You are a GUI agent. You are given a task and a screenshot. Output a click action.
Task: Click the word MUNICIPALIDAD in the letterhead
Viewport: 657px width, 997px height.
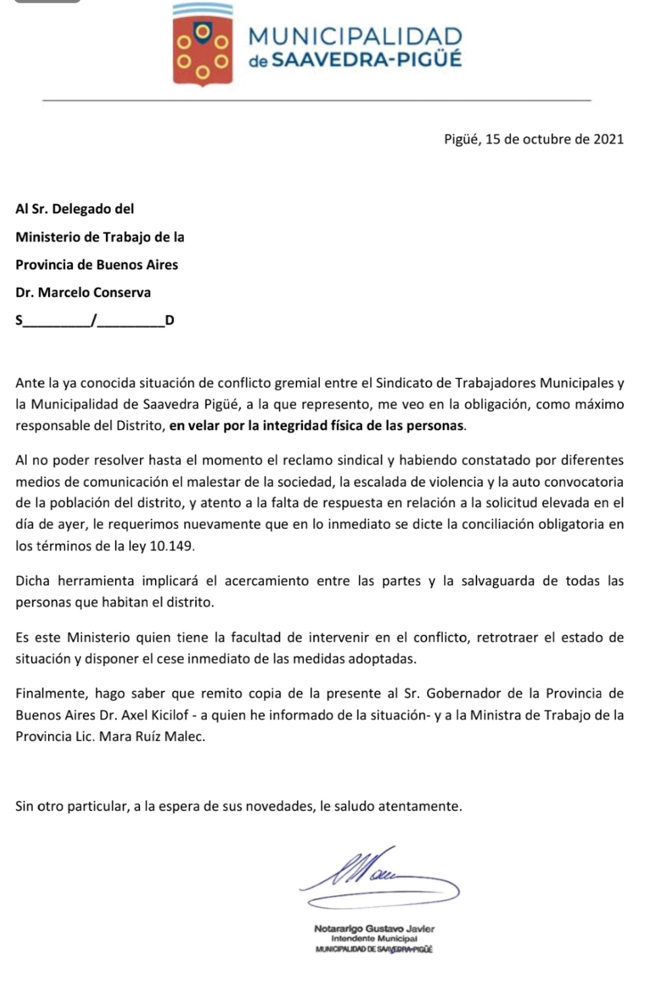pyautogui.click(x=355, y=36)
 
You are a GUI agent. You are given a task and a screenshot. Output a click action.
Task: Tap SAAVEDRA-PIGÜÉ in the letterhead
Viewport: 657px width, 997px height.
pyautogui.click(x=367, y=60)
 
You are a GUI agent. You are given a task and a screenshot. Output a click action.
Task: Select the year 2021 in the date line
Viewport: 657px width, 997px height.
pyautogui.click(x=608, y=139)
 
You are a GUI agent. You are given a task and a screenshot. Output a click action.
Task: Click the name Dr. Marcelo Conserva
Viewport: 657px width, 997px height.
pyautogui.click(x=83, y=292)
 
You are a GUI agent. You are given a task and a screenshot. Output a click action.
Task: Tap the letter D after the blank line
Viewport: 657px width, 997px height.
pyautogui.click(x=170, y=321)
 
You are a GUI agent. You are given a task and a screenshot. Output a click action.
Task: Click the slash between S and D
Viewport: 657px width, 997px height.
pyautogui.click(x=94, y=321)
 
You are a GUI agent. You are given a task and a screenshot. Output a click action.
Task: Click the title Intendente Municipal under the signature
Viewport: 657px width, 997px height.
pyautogui.click(x=374, y=939)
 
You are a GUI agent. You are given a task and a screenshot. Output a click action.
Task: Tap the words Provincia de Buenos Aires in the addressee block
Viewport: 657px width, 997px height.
pyautogui.click(x=97, y=265)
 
